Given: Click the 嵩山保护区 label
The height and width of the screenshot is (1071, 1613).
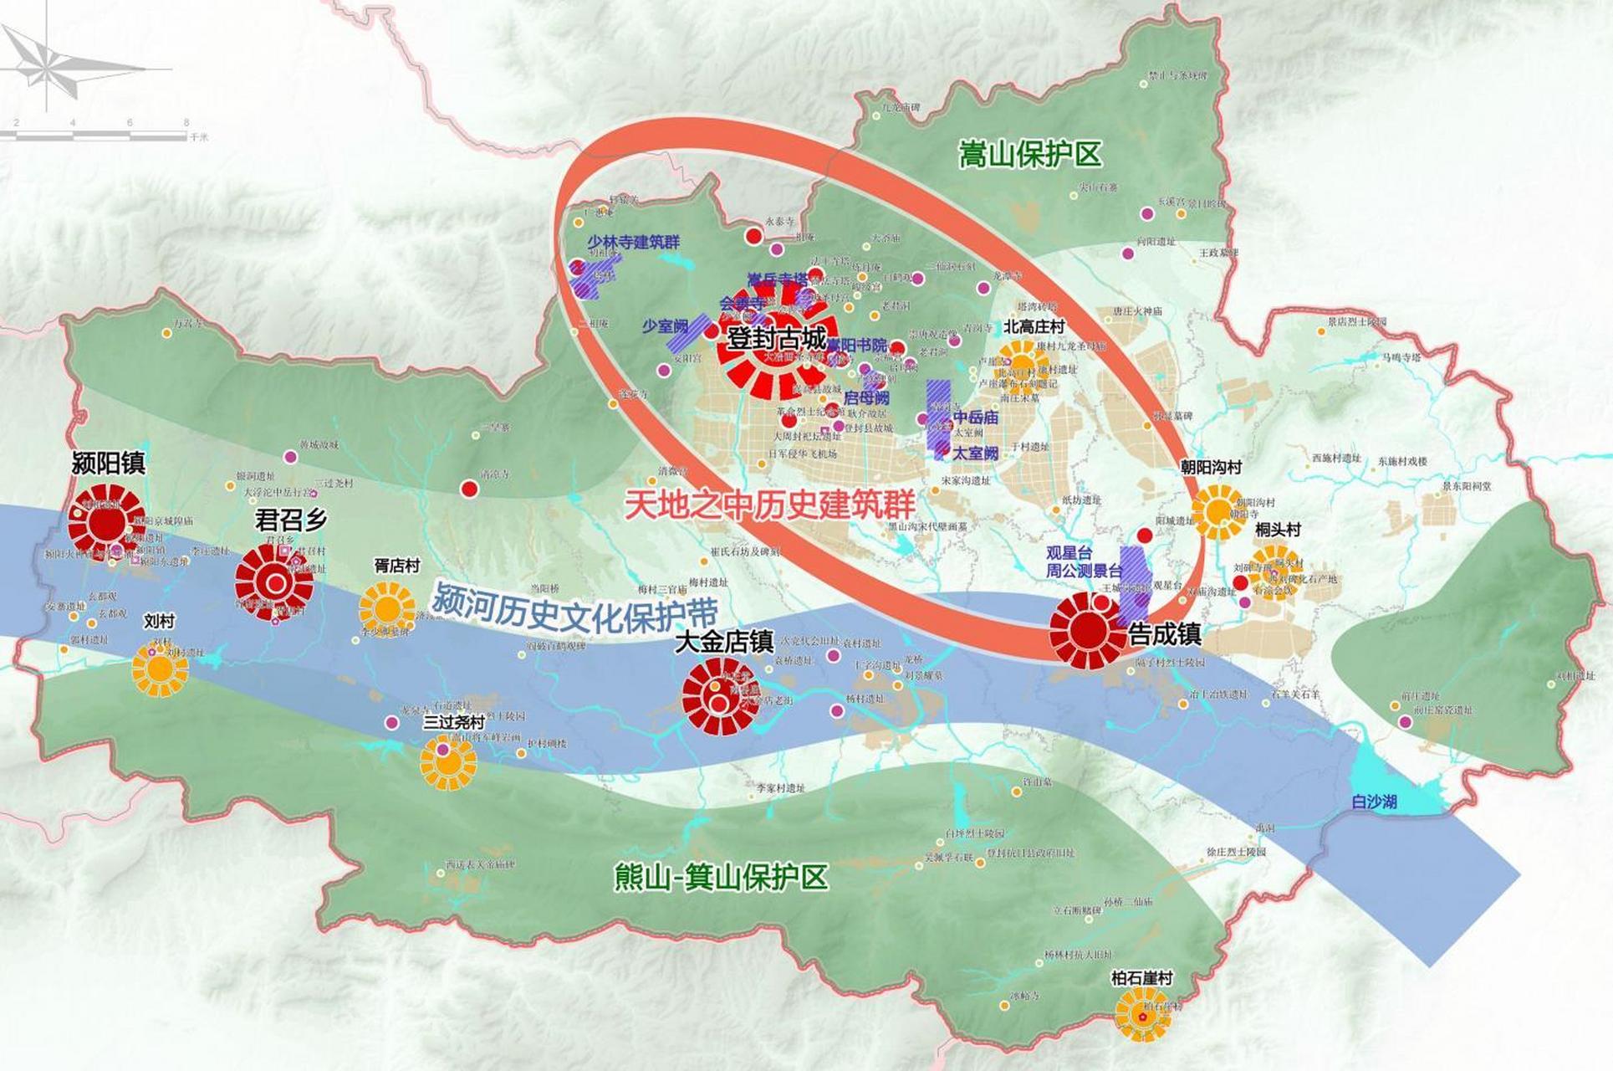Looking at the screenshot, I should (1029, 155).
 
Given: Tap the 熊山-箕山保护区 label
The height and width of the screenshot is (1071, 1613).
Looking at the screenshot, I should (721, 878).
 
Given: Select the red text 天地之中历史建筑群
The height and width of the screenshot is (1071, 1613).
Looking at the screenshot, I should (770, 504).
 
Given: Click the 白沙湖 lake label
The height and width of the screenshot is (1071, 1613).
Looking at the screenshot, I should (1374, 802).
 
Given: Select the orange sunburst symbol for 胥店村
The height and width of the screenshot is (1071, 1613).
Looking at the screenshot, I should (387, 606).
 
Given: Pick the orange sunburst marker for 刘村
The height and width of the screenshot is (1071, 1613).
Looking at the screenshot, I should (160, 668).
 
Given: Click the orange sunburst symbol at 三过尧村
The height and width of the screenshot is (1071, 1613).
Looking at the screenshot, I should (448, 761).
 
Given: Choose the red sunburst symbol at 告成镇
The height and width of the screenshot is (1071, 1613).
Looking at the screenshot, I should (1088, 630).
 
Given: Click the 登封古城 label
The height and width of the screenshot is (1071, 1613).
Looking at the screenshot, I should (777, 339).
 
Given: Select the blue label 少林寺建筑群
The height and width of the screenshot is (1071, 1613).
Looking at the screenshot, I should (633, 243).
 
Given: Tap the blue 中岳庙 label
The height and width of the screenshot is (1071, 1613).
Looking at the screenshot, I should (976, 417).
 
